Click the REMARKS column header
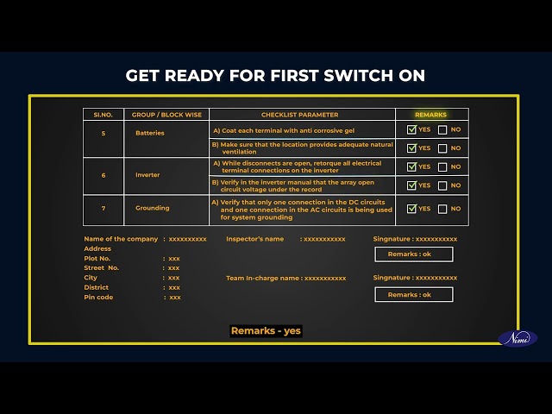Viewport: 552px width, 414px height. click(430, 115)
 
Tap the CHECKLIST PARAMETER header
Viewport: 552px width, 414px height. click(299, 115)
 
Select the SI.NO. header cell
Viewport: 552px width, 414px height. click(103, 115)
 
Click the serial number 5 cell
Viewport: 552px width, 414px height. click(103, 134)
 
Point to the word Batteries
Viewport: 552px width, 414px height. click(150, 133)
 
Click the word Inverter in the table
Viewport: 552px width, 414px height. click(147, 175)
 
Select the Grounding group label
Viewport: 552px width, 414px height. click(153, 208)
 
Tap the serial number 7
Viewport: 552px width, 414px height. click(103, 209)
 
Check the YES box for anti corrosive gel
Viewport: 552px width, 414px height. click(411, 129)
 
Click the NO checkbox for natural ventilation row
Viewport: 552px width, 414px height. click(442, 148)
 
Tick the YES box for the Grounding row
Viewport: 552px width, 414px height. click(411, 209)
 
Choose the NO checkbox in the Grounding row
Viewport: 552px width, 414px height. click(442, 209)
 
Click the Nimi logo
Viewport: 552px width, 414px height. click(517, 339)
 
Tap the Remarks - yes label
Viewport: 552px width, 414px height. click(266, 331)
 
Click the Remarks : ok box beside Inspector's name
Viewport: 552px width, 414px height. click(414, 254)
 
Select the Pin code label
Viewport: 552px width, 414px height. click(98, 297)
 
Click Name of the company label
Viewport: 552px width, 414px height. click(121, 239)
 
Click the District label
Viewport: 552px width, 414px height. click(96, 287)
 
